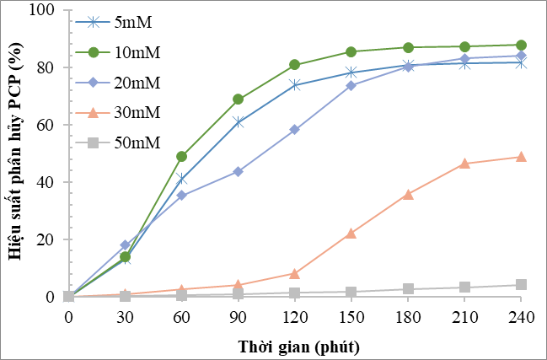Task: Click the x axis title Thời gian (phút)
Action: pyautogui.click(x=294, y=344)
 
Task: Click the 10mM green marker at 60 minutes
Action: pyautogui.click(x=182, y=156)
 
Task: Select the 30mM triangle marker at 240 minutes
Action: pyautogui.click(x=521, y=157)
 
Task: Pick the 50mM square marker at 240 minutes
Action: pyautogui.click(x=521, y=285)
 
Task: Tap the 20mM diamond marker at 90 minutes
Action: pyautogui.click(x=239, y=171)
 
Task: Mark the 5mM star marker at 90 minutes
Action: pyautogui.click(x=239, y=122)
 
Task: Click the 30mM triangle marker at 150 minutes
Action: pyautogui.click(x=351, y=233)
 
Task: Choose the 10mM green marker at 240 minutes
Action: pyautogui.click(x=521, y=45)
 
